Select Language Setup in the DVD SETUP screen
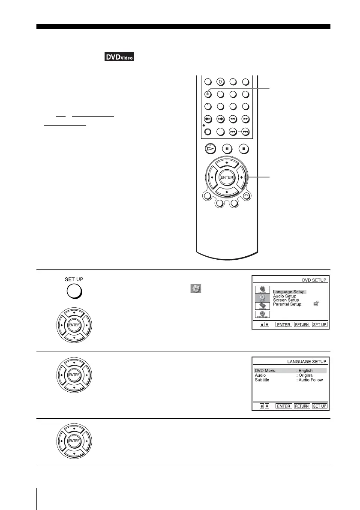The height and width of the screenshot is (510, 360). coord(288,292)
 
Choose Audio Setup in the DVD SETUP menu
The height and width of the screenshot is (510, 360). coord(284,296)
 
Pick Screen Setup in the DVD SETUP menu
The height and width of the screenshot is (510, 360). coord(285,300)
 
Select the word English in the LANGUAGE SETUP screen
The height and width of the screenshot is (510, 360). coord(305,370)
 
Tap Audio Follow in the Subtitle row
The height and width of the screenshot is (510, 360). coord(310,380)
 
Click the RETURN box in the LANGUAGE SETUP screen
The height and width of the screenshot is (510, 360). coord(302,406)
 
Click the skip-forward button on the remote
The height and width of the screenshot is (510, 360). coord(245,132)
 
